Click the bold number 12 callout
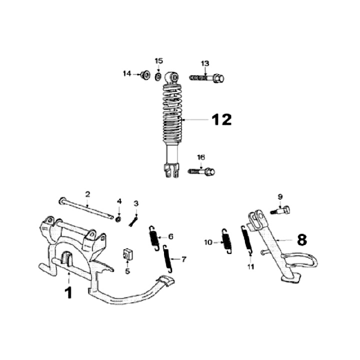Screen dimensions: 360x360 click(x=221, y=119)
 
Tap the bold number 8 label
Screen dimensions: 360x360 click(x=301, y=240)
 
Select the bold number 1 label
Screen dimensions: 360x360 click(x=68, y=292)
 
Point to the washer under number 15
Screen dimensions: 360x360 click(x=158, y=76)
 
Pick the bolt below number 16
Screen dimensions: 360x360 click(x=201, y=172)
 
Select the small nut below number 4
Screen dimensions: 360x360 click(x=118, y=218)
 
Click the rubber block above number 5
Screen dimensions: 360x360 click(x=127, y=253)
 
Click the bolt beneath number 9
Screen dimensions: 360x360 click(x=281, y=210)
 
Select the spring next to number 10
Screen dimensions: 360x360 click(x=226, y=241)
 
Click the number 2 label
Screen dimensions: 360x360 click(x=87, y=193)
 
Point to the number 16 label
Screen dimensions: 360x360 click(x=201, y=157)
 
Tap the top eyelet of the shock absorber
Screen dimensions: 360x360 click(x=173, y=77)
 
